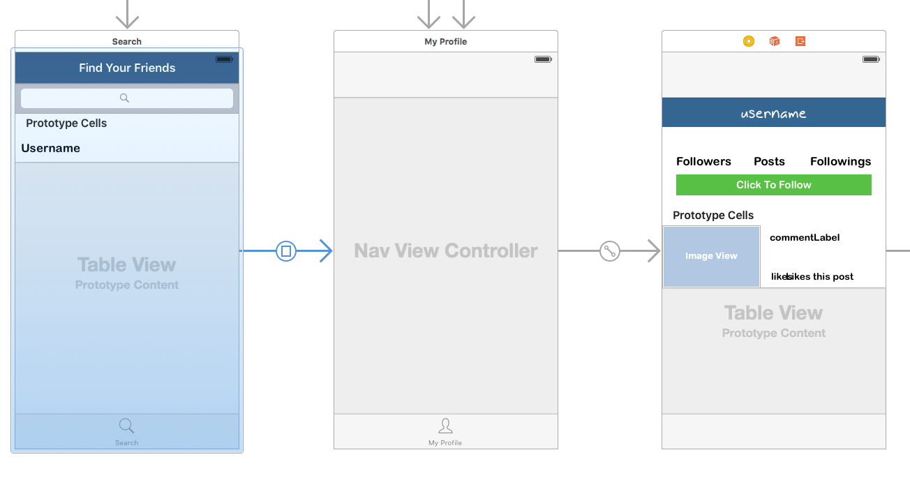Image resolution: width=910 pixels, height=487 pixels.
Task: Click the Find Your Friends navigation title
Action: coord(127,68)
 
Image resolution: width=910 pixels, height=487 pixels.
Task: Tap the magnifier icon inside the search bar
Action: coord(124,98)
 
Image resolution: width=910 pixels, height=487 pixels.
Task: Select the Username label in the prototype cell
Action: coord(51,148)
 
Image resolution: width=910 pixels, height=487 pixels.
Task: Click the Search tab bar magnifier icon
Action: coord(126,426)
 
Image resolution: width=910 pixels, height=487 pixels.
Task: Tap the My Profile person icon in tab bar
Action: coord(445,426)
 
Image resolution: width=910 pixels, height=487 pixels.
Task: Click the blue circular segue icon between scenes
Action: coord(286,250)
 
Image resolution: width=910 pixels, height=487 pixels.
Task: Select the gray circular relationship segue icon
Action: coord(610,250)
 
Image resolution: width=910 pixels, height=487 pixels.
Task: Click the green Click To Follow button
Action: coord(773,185)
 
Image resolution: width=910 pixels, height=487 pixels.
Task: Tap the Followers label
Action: coord(703,161)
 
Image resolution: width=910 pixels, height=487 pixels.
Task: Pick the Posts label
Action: coord(769,161)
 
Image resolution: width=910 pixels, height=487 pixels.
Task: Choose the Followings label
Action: coord(840,161)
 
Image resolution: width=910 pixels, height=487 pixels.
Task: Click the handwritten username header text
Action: coord(773,113)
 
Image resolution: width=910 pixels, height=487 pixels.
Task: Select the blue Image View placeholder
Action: coord(711,256)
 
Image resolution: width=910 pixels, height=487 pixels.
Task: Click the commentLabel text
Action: coord(805,237)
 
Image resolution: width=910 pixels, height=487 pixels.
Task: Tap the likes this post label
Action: coord(819,276)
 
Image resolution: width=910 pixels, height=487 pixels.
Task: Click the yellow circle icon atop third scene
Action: coord(749,41)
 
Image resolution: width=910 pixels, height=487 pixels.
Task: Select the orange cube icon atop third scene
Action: coord(775,41)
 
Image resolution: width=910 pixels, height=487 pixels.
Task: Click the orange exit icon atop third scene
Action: coord(800,41)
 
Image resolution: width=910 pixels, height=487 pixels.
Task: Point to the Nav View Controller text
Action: coord(446,250)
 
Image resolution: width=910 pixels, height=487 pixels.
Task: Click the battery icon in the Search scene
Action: coord(224,59)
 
